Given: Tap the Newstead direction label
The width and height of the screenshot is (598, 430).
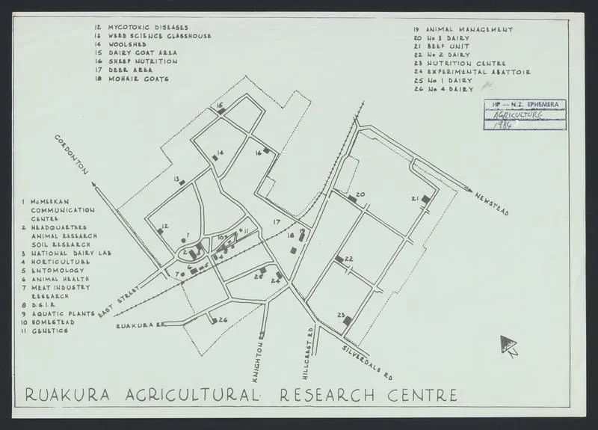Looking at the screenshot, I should tap(491, 203).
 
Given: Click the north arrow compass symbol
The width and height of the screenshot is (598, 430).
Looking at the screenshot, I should tap(508, 345).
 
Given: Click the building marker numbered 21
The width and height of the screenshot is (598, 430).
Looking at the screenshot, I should tap(426, 199).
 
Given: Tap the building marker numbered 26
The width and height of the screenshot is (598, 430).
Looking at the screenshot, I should tap(215, 321).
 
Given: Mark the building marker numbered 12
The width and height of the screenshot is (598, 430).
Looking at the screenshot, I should tap(161, 232).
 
